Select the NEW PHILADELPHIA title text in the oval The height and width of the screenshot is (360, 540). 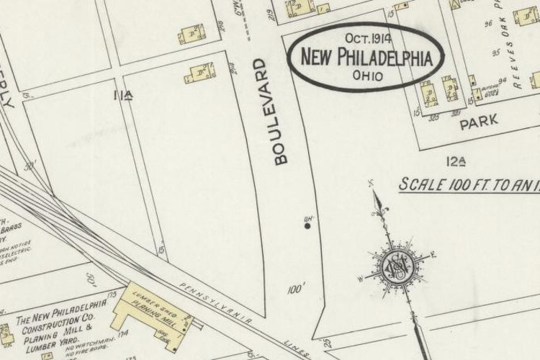366,58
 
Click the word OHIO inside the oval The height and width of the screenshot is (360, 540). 367,75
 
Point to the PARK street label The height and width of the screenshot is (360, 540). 479,122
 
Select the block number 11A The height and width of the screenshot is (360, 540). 123,94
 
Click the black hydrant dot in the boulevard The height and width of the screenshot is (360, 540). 307,226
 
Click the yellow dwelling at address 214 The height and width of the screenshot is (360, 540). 200,73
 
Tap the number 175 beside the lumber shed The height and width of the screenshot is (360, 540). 112,295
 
